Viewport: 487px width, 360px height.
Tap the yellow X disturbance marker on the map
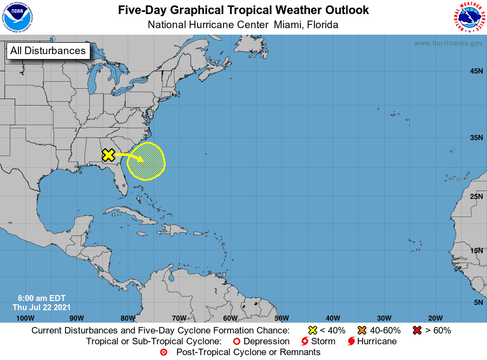pyautogui.click(x=108, y=155)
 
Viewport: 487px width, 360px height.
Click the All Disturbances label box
pyautogui.click(x=48, y=51)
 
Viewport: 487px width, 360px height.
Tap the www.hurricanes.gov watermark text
pyautogui.click(x=448, y=43)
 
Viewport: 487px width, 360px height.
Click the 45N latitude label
pyautogui.click(x=476, y=71)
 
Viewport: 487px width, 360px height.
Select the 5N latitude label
pyautogui.click(x=478, y=302)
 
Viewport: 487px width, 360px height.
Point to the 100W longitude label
pyautogui.click(x=25, y=318)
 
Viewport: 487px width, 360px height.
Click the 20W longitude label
pyautogui.click(x=435, y=318)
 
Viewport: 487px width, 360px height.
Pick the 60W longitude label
pyautogui.click(x=230, y=318)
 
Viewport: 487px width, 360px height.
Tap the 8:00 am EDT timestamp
pyautogui.click(x=42, y=298)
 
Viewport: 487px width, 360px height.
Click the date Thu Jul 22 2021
pyautogui.click(x=41, y=307)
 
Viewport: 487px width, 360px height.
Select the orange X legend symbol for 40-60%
pyautogui.click(x=362, y=330)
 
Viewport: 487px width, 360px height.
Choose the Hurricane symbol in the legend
pyautogui.click(x=352, y=341)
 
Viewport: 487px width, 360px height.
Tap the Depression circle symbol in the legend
pyautogui.click(x=236, y=341)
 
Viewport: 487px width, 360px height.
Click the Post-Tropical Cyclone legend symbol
pyautogui.click(x=164, y=352)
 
